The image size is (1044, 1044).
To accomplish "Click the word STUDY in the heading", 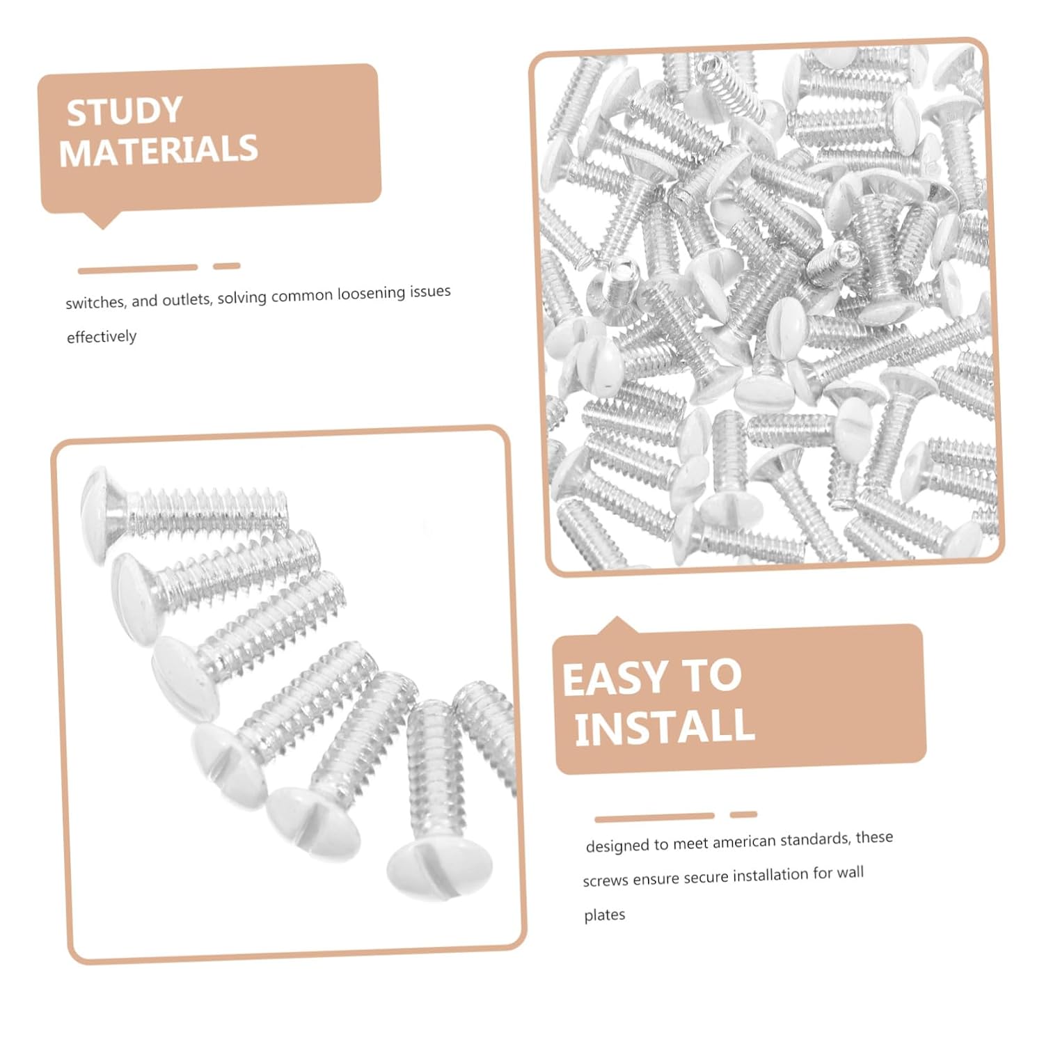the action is point(125,111).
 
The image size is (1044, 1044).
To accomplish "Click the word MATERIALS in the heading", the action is point(159,150).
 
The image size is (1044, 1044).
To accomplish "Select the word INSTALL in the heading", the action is point(665,727).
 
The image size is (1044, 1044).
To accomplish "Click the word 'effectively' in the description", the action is point(102,337).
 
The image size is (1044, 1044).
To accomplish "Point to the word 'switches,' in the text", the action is point(95,302).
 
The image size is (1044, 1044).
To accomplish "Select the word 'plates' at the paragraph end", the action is point(604,915).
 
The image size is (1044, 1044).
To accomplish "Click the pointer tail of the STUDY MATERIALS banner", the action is point(102,221).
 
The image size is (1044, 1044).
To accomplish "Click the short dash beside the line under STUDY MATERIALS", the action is point(227,266).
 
